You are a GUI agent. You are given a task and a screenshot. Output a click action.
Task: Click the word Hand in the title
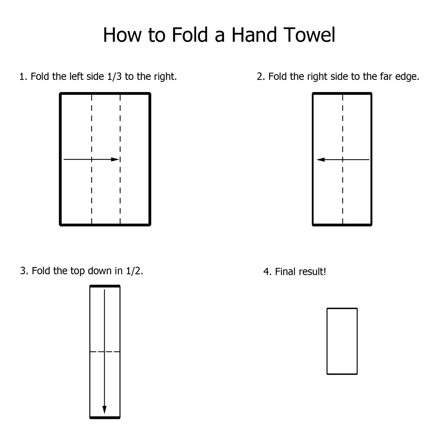[255, 35]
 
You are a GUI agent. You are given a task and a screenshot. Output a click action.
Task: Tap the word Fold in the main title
[190, 35]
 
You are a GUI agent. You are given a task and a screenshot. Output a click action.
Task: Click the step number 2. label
[261, 77]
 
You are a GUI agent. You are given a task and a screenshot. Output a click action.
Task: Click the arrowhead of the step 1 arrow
[115, 159]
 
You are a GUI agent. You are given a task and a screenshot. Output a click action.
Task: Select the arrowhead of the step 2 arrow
[321, 160]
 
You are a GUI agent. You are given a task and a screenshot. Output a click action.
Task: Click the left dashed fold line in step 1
[91, 159]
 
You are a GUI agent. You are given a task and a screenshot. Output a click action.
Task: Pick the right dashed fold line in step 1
[120, 159]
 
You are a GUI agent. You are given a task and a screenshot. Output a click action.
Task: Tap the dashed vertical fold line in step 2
[342, 159]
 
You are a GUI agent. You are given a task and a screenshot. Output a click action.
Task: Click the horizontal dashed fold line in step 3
[105, 352]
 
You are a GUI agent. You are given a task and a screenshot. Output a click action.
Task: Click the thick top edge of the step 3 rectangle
[105, 286]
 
